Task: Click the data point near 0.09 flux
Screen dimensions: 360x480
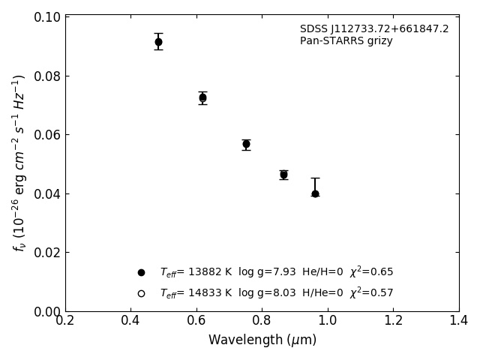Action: [x=158, y=42]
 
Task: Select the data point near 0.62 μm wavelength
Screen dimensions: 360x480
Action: [x=202, y=97]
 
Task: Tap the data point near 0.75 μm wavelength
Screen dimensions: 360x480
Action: [x=246, y=144]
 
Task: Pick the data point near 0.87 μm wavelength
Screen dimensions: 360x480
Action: [x=283, y=175]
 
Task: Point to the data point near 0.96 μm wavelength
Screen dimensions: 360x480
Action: [x=315, y=193]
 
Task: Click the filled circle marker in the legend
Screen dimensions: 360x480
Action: [x=141, y=272]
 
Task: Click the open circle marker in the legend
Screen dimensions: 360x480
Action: [x=141, y=293]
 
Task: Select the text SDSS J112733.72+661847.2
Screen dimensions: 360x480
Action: [x=374, y=29]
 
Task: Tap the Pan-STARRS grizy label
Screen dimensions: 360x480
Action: [x=346, y=41]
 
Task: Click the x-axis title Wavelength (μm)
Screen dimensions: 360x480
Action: [x=262, y=340]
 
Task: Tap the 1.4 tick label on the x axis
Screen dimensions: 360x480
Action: [x=459, y=321]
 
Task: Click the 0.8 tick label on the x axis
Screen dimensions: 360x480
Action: [x=262, y=321]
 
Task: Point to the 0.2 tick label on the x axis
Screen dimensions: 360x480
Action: [x=65, y=321]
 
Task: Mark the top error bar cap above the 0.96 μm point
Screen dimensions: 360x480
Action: [x=315, y=178]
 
